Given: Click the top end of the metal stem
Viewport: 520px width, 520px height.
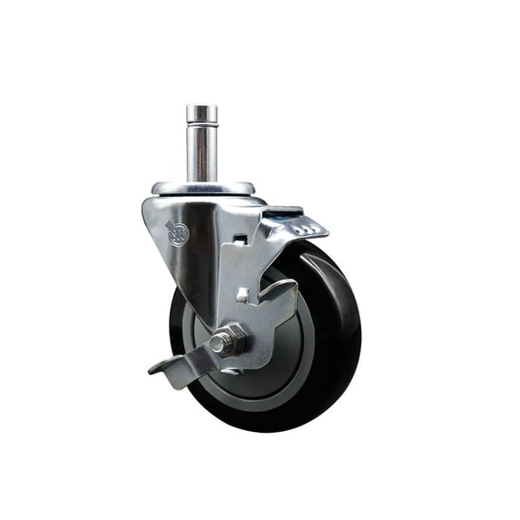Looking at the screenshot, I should (x=201, y=108).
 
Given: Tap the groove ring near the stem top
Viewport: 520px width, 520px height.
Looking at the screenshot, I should (x=201, y=124).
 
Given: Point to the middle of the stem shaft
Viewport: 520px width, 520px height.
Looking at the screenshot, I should (x=201, y=154).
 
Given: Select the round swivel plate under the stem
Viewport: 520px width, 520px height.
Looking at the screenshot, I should (x=203, y=188).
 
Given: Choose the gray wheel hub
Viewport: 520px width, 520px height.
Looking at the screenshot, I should (x=272, y=363).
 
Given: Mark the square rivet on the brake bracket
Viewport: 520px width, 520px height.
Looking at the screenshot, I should (x=242, y=295).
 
